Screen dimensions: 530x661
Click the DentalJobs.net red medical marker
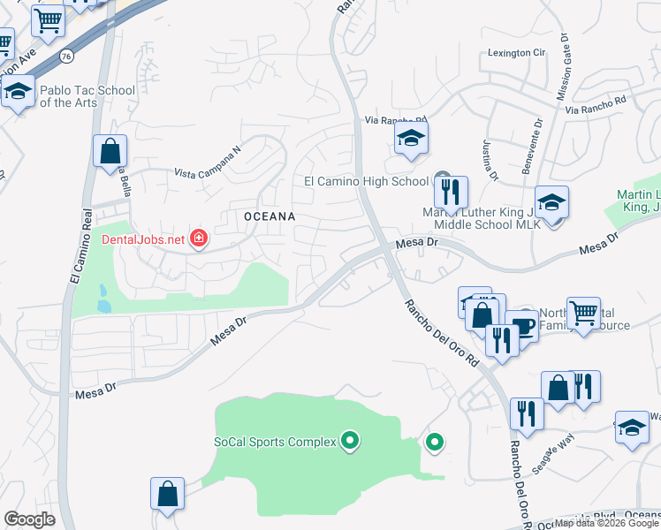pos(199,238)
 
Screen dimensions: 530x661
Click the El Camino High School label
pos(366,181)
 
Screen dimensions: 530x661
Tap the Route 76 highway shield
pos(66,56)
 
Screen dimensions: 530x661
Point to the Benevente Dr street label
pos(536,141)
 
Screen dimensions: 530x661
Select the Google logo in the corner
pos(29,519)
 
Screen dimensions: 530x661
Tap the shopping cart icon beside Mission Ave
pos(49,19)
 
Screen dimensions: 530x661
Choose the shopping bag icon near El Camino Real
pos(110,150)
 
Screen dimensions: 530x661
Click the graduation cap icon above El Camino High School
pos(411,138)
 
